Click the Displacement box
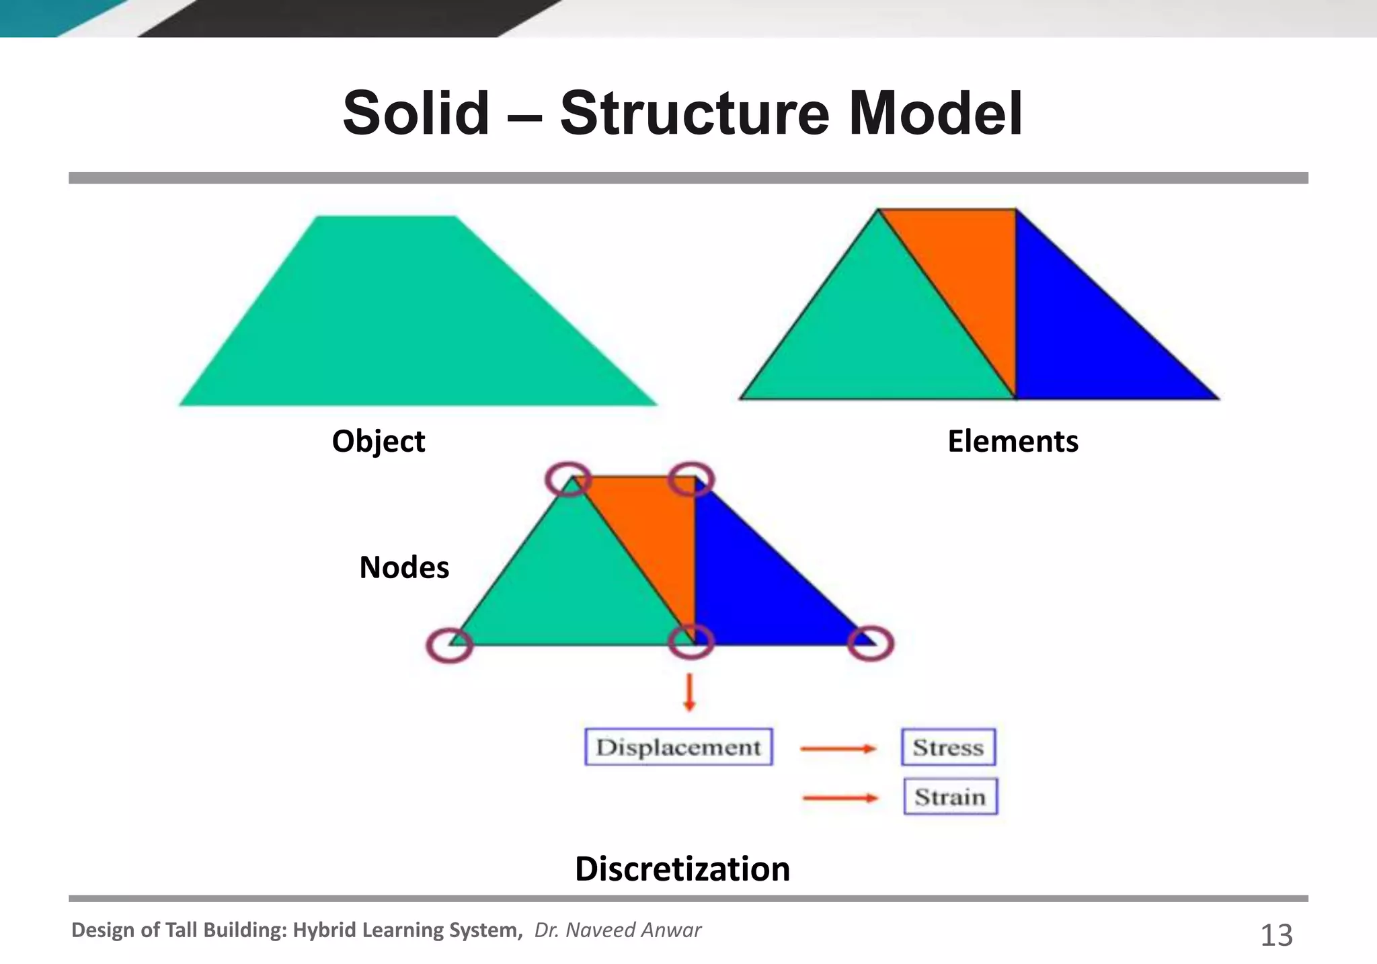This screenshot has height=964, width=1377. point(678,747)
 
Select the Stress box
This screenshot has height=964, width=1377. point(948,747)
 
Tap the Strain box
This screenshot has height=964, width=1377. point(950,797)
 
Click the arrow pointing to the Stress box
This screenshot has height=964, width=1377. point(838,748)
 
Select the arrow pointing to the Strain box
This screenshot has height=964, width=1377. point(840,798)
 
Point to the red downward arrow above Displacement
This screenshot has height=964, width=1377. point(689,693)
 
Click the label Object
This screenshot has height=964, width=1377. point(379,442)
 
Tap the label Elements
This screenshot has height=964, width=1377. point(1013,442)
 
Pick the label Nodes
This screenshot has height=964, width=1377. point(404,567)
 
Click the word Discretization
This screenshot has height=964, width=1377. point(682,869)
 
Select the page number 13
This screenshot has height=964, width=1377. point(1276,935)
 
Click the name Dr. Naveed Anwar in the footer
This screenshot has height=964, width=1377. point(617,930)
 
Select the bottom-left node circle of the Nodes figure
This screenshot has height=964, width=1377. point(450,645)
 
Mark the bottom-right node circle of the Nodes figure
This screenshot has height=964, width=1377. point(871,643)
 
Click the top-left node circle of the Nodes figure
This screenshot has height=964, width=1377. point(568,479)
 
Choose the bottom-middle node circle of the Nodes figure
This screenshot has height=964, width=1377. point(691,642)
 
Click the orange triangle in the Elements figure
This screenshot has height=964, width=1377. point(968,269)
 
